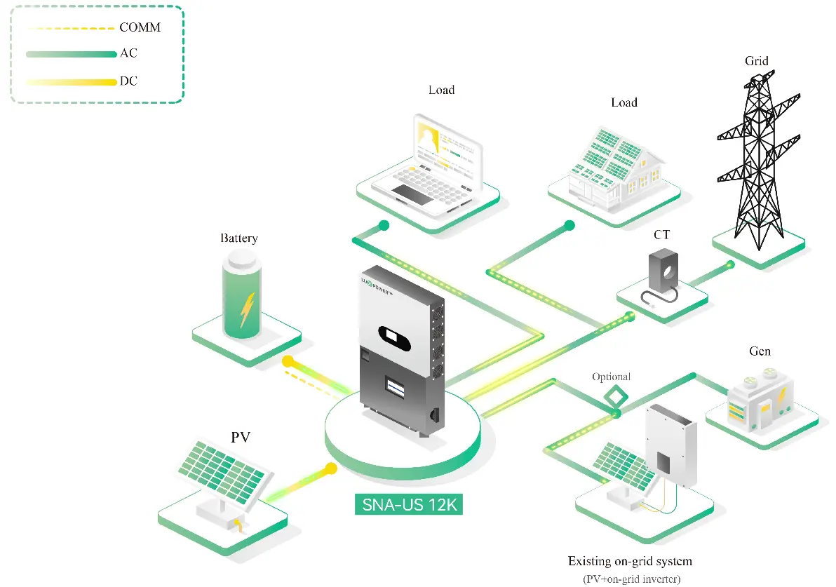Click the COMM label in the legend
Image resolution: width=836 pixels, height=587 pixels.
pos(140,28)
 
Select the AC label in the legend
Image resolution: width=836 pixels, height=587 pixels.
pos(128,54)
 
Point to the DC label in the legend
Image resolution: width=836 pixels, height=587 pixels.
pos(128,81)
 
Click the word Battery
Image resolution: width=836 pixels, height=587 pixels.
pos(238,238)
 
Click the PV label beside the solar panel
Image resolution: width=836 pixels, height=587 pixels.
pos(241,438)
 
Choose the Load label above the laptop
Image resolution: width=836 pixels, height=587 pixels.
pos(441,90)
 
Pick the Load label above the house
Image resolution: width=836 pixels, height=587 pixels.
pos(623,102)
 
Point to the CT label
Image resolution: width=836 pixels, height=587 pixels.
pos(661,235)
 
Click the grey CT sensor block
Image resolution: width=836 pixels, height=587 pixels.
pos(662,271)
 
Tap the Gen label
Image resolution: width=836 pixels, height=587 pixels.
pos(760,351)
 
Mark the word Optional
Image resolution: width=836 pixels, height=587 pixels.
pos(611,377)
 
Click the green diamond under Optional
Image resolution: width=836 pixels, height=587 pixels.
pos(616,396)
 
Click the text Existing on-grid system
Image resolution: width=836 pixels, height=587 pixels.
pos(629,561)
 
